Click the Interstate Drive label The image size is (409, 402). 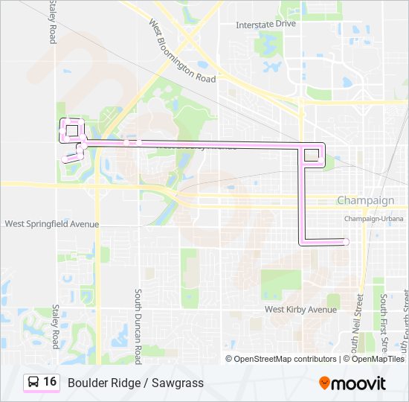point(265,24)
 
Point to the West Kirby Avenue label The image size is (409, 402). point(301,309)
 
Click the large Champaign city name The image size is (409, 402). point(365,201)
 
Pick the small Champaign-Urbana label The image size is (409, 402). point(373,219)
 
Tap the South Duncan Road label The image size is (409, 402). point(138,321)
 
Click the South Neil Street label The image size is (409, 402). point(358,323)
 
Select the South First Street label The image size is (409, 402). point(384,323)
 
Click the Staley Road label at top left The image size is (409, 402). point(53,22)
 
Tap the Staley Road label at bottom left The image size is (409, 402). point(54,325)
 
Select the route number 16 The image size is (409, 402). point(50,382)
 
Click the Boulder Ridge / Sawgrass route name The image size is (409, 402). point(135,383)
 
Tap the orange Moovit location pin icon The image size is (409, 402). point(324,383)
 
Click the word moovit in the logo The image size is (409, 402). point(358,383)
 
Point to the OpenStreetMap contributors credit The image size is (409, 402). point(286,359)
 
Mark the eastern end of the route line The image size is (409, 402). point(347,240)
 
